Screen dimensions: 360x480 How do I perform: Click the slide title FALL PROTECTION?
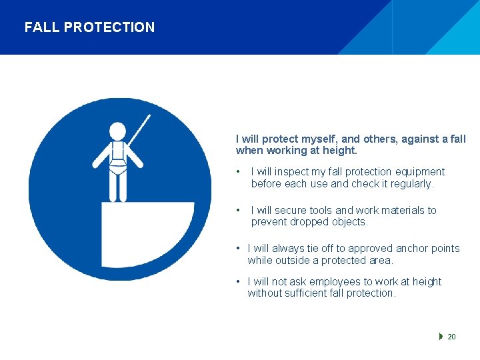pos(89,27)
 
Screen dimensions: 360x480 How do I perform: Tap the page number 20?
pos(451,337)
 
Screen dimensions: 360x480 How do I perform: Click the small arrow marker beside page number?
pos(441,337)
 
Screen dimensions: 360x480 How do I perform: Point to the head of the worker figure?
pos(118,131)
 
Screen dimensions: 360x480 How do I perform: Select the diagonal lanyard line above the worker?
pos(139,130)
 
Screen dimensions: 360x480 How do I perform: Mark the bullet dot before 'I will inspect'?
pos(239,172)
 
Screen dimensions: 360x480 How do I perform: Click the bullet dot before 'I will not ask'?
pos(239,282)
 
